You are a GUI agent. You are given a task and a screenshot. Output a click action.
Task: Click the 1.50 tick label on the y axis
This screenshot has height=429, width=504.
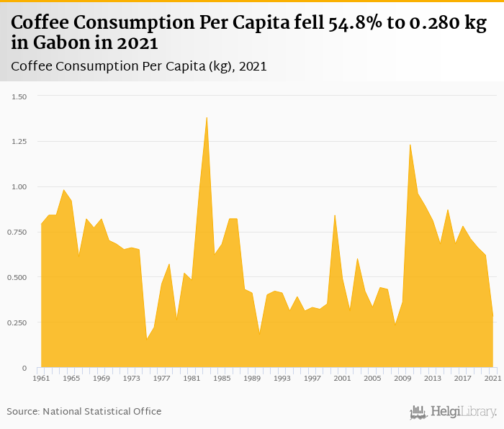click(x=19, y=96)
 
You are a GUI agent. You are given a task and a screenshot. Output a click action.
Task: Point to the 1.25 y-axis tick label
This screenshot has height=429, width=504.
click(x=19, y=142)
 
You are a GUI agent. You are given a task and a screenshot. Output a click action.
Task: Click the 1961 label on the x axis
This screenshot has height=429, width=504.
click(x=41, y=378)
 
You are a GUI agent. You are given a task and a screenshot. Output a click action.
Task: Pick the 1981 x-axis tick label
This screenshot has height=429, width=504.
click(x=192, y=378)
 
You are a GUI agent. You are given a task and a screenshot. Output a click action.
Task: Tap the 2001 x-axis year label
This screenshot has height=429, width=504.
click(x=343, y=378)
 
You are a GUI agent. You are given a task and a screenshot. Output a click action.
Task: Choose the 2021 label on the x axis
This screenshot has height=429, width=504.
click(x=492, y=378)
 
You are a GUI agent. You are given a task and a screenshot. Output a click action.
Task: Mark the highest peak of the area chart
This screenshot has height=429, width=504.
click(x=207, y=118)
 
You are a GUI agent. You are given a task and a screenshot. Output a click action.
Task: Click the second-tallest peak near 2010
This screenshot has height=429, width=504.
click(x=410, y=145)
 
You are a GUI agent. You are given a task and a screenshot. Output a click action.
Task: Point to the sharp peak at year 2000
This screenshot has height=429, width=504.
click(x=335, y=215)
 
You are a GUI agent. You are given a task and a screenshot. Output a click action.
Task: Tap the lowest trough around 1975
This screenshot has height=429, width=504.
click(x=147, y=338)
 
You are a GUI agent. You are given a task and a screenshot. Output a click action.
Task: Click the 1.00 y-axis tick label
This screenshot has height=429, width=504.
click(x=19, y=187)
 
